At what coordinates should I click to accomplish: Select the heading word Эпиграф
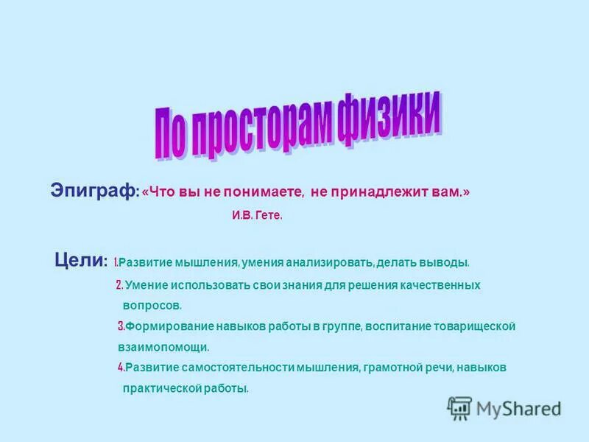coord(93,190)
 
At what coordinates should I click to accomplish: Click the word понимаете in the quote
coord(266,192)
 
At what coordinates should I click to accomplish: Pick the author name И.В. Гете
coord(252,217)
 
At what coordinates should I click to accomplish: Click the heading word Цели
coord(81,260)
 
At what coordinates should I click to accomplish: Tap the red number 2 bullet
coord(119,285)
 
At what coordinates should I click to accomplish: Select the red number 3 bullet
coord(121,326)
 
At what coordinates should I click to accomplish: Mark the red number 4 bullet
coord(120,367)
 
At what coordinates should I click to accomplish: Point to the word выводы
coord(444,262)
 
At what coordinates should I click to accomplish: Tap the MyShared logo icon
coord(459,407)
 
